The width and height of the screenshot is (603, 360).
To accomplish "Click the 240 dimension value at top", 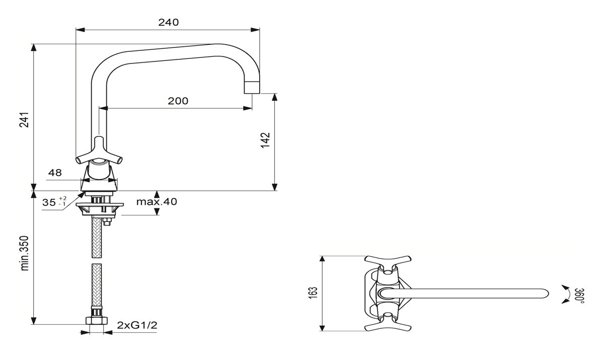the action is click(169, 22).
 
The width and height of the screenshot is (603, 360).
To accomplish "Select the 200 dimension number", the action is click(178, 101).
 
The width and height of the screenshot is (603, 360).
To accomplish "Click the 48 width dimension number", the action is click(55, 173).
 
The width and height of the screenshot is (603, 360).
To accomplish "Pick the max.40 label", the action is click(157, 202).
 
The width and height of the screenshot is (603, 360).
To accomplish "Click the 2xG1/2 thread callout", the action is click(137, 325).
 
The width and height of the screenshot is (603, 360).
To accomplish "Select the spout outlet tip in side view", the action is click(252, 87).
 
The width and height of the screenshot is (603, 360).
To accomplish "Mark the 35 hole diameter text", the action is click(49, 202).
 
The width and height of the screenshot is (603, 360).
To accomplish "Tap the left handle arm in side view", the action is click(82, 159).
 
